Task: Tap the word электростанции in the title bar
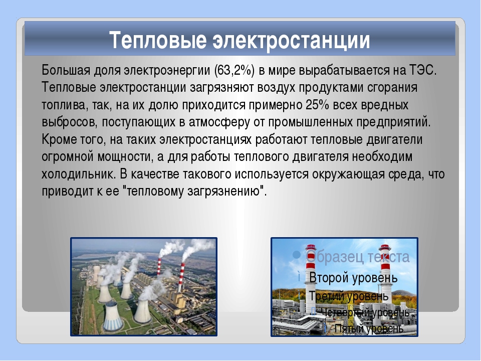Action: [x=291, y=40]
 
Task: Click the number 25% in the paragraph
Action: [x=318, y=105]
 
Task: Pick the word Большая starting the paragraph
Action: [x=66, y=71]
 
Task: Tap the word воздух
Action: [x=276, y=88]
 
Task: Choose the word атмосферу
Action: [x=219, y=122]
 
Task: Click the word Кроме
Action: [x=59, y=140]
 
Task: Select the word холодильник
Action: [x=79, y=174]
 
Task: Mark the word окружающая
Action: [x=348, y=174]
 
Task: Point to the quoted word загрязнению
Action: [x=223, y=192]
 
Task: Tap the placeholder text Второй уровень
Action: [x=353, y=278]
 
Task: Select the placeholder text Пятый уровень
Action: [x=369, y=329]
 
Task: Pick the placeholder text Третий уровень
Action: [x=349, y=296]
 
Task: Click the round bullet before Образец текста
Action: [x=297, y=255]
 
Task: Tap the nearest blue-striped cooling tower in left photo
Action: [x=112, y=316]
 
